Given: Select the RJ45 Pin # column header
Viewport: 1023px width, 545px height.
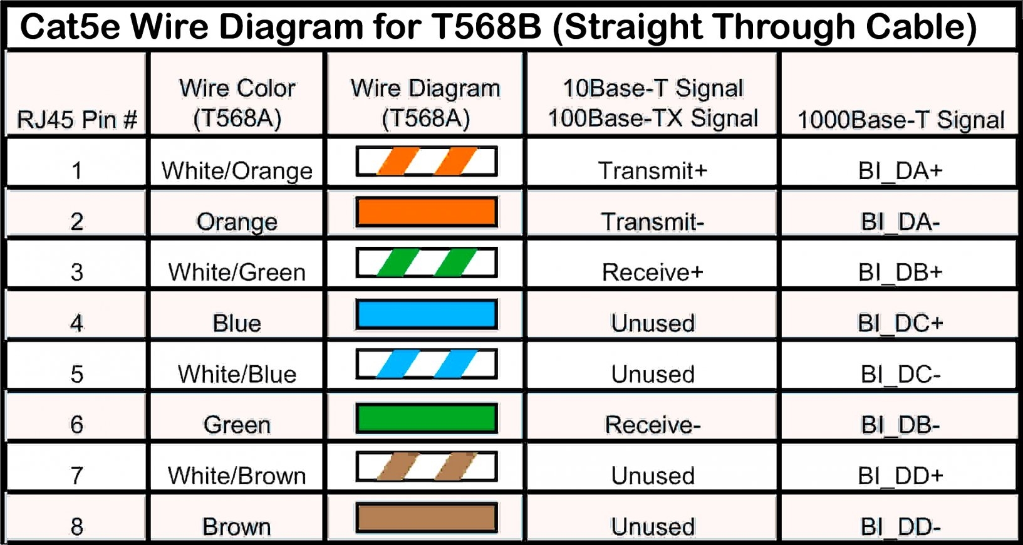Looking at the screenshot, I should [76, 119].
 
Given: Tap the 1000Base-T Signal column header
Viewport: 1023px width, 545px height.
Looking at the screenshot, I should [900, 119].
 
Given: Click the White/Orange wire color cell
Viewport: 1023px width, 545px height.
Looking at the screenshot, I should [237, 170].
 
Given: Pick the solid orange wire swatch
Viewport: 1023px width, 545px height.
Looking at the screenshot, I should [427, 212].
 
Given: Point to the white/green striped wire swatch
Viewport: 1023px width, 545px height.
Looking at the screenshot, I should [427, 262].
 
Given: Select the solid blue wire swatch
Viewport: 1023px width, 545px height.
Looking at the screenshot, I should [427, 314].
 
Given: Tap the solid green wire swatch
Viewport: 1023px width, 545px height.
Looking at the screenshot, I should [427, 418].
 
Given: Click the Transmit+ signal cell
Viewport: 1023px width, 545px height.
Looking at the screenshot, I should [652, 170].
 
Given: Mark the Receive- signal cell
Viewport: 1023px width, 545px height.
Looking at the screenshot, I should [652, 425].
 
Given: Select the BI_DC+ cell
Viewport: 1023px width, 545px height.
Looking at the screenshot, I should [900, 323].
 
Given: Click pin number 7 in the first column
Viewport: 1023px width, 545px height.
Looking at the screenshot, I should [76, 475].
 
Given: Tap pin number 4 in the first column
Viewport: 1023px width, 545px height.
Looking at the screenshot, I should [76, 323].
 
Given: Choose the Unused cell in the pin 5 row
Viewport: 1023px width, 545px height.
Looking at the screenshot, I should [652, 374].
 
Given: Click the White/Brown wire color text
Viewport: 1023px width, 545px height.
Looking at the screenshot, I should [237, 475].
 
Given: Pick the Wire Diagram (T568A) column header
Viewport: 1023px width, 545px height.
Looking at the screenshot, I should [425, 103].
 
